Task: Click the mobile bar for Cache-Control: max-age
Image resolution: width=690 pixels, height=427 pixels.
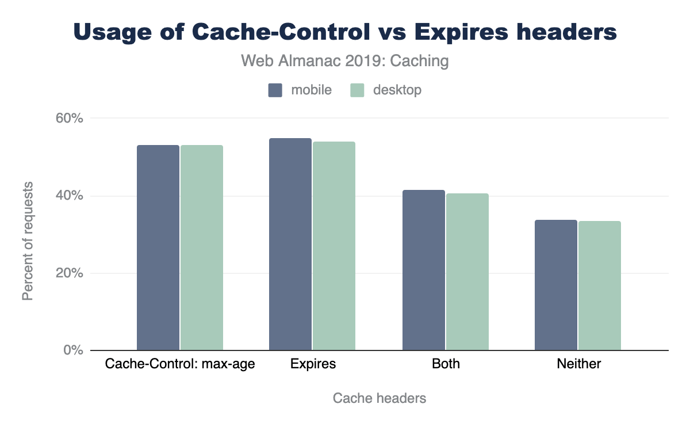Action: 158,247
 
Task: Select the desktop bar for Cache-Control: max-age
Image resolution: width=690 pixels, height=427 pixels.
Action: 202,247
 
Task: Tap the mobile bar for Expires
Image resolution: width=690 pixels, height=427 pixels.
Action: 290,244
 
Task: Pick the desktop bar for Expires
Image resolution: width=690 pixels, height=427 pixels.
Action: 334,246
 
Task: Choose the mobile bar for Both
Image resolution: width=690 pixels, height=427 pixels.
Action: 424,270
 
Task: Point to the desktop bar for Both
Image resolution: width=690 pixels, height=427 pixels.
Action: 467,272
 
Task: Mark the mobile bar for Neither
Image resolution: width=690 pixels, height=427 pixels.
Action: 556,285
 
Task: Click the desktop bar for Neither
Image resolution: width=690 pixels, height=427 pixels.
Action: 600,285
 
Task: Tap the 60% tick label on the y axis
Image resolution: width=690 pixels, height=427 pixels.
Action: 70,119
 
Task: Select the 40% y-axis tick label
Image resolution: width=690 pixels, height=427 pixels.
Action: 70,196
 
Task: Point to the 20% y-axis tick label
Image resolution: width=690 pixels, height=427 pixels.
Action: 70,273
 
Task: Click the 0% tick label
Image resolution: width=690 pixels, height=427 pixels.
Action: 73,350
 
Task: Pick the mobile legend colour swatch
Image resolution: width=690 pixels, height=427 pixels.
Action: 275,90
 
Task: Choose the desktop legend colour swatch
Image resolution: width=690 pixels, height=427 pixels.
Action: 358,90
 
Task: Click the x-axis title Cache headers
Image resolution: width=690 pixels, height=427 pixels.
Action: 379,398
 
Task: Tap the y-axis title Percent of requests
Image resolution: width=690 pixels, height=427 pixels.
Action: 27,241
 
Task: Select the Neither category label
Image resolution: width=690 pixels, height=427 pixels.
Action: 578,364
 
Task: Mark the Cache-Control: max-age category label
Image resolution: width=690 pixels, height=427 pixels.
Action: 180,364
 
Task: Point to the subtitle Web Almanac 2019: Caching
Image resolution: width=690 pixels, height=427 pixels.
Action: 345,61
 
